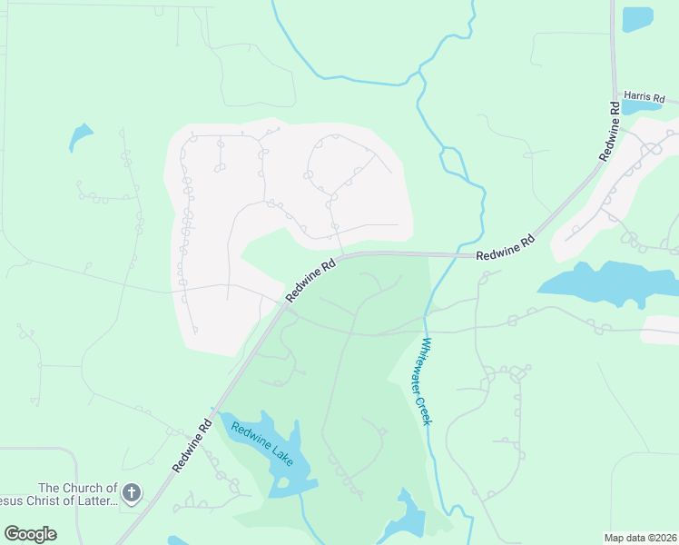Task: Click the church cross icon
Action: click(132, 493)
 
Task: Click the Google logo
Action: click(30, 534)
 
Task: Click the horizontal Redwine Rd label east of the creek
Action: click(506, 248)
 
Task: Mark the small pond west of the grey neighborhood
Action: click(80, 138)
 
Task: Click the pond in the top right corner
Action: click(637, 18)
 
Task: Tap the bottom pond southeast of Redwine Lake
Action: click(407, 517)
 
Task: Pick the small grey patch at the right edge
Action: click(660, 330)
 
